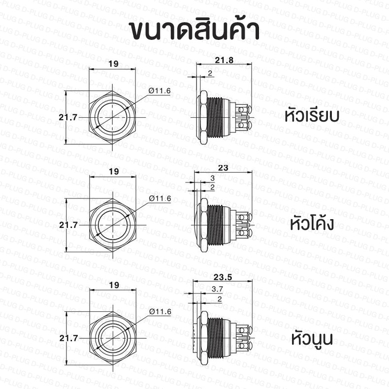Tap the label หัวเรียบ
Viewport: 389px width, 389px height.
tap(312, 116)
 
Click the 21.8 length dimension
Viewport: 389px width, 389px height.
tap(224, 60)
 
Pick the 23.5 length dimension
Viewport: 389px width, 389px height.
tap(223, 277)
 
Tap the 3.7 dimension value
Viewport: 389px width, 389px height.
tap(217, 289)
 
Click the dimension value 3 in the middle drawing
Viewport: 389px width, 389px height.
tap(212, 178)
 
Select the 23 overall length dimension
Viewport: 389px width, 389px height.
tap(223, 168)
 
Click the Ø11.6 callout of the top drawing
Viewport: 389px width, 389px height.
tap(160, 91)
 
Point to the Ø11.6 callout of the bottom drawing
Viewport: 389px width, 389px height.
tap(160, 312)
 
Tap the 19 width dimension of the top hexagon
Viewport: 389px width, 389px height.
tap(113, 64)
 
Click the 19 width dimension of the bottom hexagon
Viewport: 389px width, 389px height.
tap(114, 285)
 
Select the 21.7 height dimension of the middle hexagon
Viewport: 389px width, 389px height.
tap(68, 225)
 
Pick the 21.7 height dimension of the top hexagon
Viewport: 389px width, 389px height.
tap(68, 117)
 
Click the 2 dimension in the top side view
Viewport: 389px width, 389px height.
tap(210, 73)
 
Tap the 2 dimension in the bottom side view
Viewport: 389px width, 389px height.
tap(220, 299)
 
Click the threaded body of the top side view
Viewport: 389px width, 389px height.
tap(215, 117)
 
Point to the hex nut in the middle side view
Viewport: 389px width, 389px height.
tap(204, 225)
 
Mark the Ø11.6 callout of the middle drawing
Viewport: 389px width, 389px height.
tap(160, 198)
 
